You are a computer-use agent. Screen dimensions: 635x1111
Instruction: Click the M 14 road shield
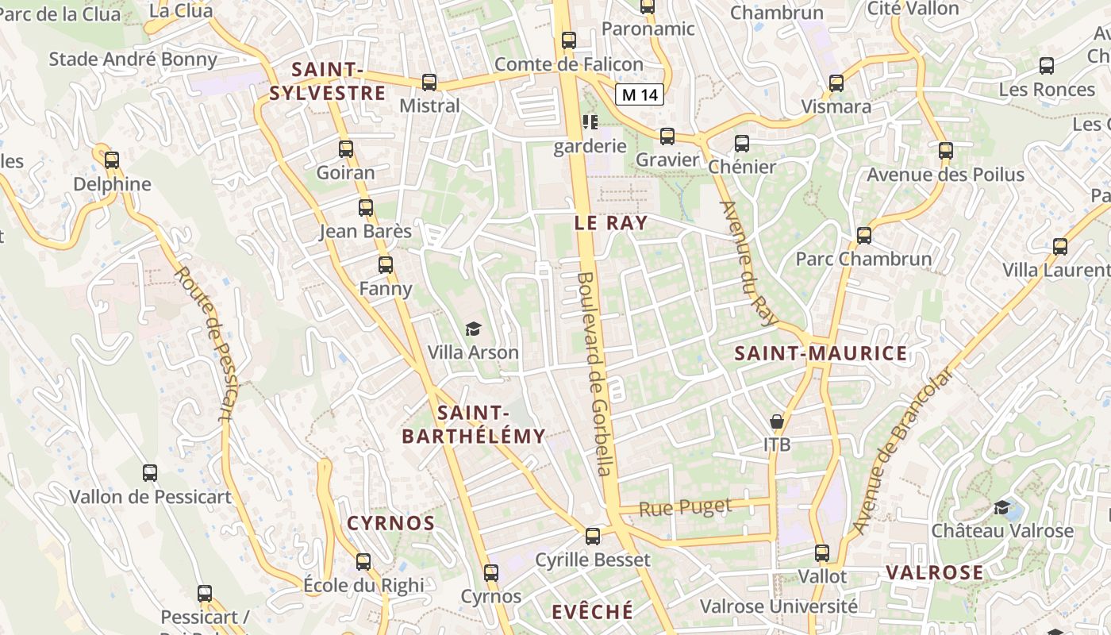coord(640,95)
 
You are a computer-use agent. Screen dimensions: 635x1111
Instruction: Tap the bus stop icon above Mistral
coord(429,82)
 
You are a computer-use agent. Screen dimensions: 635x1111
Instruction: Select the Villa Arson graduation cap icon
coord(473,329)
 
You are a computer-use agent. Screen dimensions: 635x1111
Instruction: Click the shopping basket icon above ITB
coord(777,421)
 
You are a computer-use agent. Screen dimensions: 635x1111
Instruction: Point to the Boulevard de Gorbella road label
coord(597,375)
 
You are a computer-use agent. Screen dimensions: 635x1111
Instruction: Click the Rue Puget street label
coord(686,507)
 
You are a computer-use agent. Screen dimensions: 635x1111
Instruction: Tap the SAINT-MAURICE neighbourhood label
coord(821,354)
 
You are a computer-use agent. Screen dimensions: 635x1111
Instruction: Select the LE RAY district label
coord(611,223)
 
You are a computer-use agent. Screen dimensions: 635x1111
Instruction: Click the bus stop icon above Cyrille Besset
coord(593,537)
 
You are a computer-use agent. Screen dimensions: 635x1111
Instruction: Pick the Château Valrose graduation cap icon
coord(1002,507)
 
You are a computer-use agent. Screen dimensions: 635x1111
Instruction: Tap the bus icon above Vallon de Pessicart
coord(150,474)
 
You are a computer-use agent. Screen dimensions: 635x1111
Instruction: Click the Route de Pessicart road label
coord(204,343)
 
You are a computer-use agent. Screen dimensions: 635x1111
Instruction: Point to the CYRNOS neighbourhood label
coord(391,524)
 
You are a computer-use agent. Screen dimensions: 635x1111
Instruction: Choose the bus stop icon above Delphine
coord(112,160)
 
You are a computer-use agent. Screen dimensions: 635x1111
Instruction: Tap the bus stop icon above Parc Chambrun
coord(864,236)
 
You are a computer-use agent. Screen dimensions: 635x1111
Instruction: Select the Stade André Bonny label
coord(133,60)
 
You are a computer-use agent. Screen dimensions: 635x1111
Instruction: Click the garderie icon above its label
coord(590,122)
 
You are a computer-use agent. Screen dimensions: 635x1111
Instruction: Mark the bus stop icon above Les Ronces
coord(1047,66)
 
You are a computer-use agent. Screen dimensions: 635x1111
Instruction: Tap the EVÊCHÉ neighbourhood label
coord(592,612)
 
